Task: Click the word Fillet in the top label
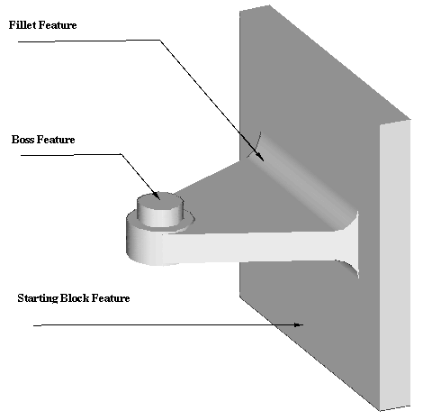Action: (x=22, y=25)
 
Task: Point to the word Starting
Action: (x=38, y=298)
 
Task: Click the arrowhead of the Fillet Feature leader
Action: (x=260, y=157)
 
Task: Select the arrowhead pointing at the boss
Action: (x=157, y=196)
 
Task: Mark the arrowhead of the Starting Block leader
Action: (x=299, y=324)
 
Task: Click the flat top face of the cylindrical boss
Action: (x=159, y=199)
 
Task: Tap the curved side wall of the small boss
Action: (x=160, y=216)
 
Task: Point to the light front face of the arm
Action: (x=255, y=247)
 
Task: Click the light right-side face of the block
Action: (x=395, y=264)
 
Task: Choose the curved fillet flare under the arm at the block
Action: (x=349, y=269)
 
